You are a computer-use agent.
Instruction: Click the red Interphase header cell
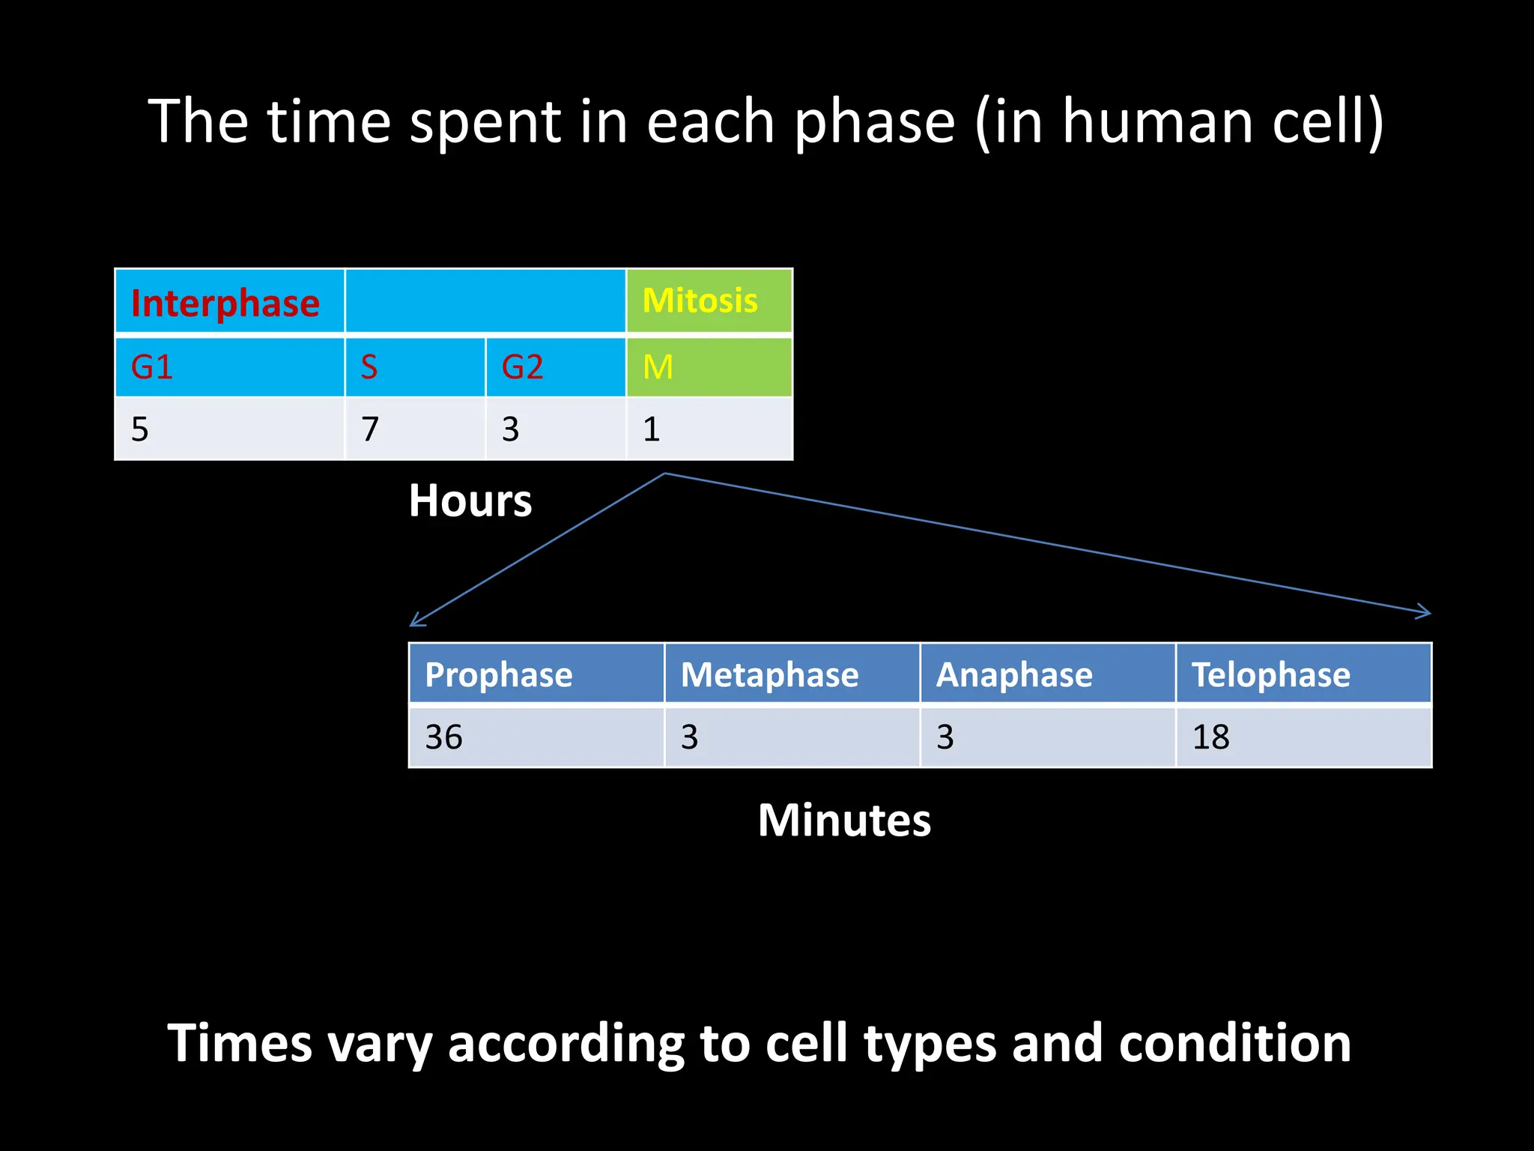coord(225,303)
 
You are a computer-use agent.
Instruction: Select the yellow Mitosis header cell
coord(700,300)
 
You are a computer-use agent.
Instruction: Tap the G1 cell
coord(152,367)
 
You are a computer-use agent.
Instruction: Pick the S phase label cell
coord(369,367)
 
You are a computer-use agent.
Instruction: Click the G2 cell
coord(522,367)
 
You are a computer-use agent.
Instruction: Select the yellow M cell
coord(658,367)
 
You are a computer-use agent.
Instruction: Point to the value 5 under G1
coord(140,429)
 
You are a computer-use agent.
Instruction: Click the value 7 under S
coord(370,429)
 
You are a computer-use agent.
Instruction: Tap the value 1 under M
coord(651,429)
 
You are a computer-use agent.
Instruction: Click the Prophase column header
coord(499,674)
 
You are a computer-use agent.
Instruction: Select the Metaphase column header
coord(769,674)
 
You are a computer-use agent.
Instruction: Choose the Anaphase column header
coord(1014,674)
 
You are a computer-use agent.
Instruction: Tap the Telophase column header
coord(1271,674)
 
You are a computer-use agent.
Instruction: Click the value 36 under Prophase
coord(444,737)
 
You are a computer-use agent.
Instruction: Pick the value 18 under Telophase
coord(1210,737)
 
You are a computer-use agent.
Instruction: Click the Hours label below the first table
coord(470,501)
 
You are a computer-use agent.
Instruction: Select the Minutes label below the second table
coord(844,820)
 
